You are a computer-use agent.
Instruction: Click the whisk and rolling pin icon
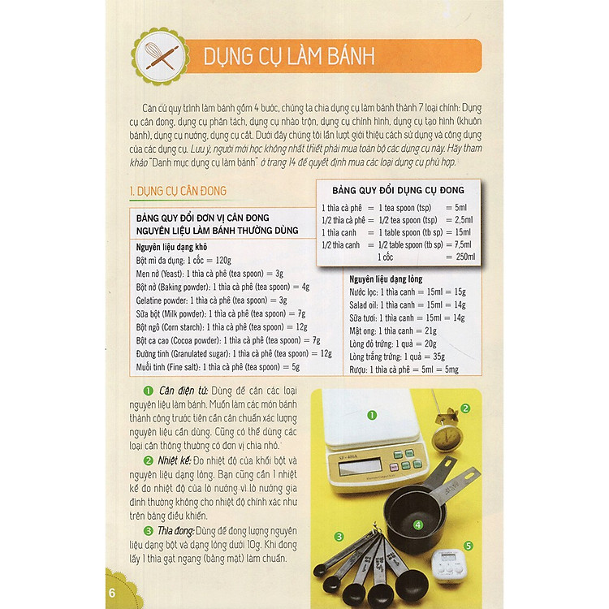[161, 56]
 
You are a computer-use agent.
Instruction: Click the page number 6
[112, 593]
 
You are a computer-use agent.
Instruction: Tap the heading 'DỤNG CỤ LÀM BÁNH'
[289, 57]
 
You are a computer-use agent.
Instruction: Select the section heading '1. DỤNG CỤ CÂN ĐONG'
[178, 191]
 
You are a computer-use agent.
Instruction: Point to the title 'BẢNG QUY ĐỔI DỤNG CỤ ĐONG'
[398, 190]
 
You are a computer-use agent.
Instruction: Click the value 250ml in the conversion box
[465, 257]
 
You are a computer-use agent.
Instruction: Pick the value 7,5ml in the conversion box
[463, 244]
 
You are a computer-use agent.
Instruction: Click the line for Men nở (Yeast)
[209, 274]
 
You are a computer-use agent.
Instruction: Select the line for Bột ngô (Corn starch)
[222, 327]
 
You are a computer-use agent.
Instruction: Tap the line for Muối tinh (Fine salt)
[218, 367]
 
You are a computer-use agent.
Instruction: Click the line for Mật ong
[393, 331]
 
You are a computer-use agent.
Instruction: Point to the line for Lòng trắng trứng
[397, 356]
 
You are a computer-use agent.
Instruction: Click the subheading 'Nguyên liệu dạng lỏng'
[386, 279]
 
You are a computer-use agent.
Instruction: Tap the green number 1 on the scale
[372, 415]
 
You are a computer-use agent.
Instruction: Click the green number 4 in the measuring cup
[418, 525]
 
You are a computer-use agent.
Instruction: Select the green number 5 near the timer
[469, 546]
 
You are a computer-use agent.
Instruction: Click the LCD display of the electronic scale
[360, 466]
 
